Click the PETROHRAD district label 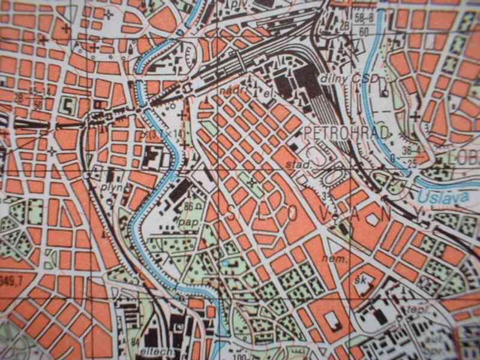pyautogui.click(x=339, y=131)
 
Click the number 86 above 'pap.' pyautogui.click(x=190, y=206)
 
